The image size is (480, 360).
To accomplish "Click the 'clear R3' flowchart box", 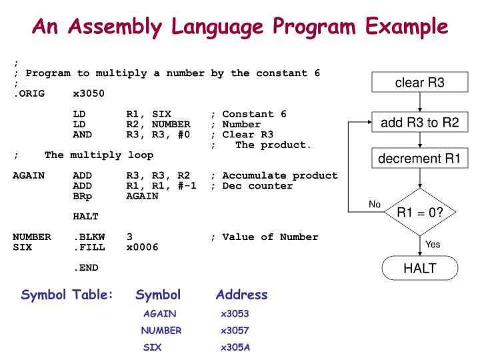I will coord(419,83).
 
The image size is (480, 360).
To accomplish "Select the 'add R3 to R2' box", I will coord(419,123).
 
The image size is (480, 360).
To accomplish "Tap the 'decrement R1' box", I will coord(419,159).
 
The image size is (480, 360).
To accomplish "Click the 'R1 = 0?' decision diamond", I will coord(419,213).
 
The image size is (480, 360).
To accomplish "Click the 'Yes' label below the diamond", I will coord(433,245).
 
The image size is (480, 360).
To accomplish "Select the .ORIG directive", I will coord(29,94).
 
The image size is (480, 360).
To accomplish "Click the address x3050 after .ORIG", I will coord(89,94).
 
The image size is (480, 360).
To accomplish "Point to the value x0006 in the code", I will coord(142,247).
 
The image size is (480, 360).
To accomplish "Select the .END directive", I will coord(84,268).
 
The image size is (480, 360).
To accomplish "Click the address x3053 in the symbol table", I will coord(235,312).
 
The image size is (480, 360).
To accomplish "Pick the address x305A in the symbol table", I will coord(235,347).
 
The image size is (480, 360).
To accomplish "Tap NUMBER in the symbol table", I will coord(161,330).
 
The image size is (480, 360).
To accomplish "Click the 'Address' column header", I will coord(241,294).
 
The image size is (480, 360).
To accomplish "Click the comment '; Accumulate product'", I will coord(273,176).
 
